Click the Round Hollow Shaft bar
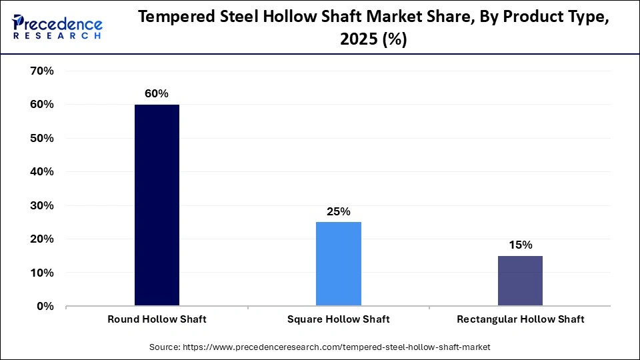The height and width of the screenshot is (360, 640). [157, 205]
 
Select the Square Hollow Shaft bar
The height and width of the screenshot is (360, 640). [339, 264]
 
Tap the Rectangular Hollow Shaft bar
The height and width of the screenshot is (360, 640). [521, 281]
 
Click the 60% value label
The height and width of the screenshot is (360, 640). [157, 94]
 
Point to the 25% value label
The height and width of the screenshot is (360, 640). [339, 212]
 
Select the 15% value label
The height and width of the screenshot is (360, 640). [521, 245]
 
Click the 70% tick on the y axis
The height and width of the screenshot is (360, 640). [41, 71]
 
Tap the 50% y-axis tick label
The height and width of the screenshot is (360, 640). [41, 139]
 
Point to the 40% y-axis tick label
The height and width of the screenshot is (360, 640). [41, 172]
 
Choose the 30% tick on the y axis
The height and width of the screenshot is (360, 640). [41, 206]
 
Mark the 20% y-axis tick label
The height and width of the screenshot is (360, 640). [41, 239]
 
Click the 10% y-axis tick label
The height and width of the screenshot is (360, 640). [41, 273]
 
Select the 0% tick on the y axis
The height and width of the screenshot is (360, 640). [44, 307]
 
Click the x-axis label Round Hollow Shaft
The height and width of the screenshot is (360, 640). [157, 319]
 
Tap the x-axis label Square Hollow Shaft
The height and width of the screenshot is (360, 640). [339, 319]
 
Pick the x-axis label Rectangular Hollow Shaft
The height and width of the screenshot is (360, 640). [521, 319]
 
